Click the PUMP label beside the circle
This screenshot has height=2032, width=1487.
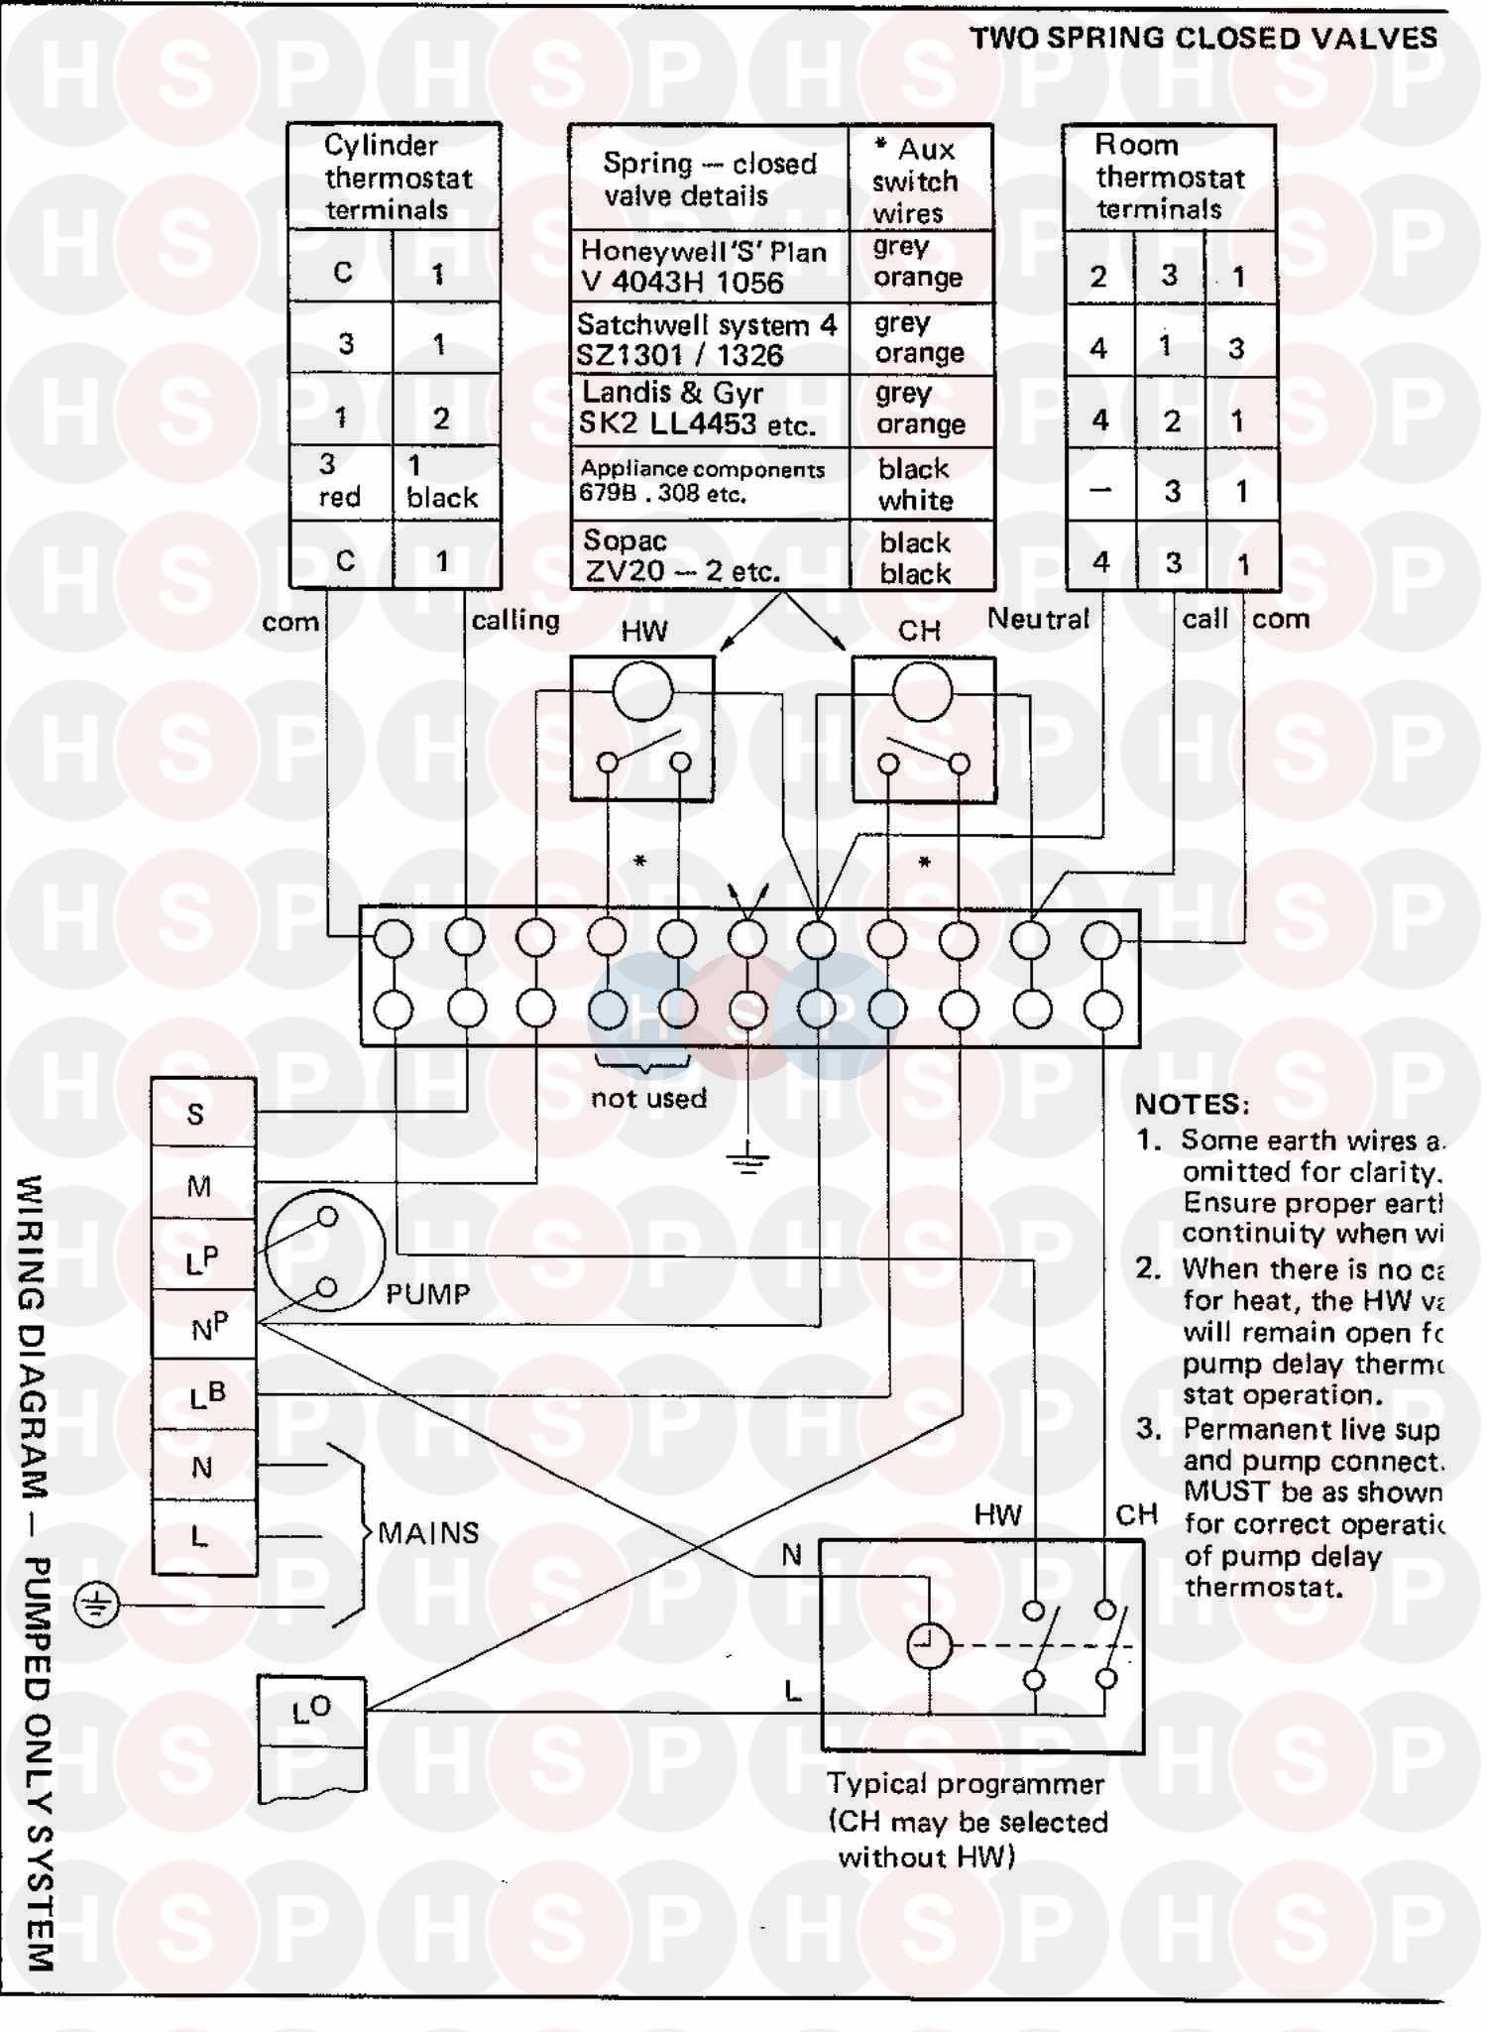(427, 1294)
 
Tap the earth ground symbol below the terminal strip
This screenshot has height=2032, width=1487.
(747, 1157)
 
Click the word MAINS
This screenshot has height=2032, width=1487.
(428, 1533)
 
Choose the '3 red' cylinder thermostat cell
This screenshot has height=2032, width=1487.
(339, 482)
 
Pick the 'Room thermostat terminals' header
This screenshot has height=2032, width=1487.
(1169, 178)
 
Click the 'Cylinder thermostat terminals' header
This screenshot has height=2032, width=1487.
(394, 178)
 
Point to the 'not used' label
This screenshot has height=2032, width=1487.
(648, 1099)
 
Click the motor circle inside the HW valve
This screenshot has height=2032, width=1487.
(642, 691)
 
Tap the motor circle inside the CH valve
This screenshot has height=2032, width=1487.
(922, 691)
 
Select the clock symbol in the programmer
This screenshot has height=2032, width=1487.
(929, 1647)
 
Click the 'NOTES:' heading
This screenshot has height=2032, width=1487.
(1193, 1105)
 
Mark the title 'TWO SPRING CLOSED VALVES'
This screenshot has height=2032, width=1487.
(1202, 39)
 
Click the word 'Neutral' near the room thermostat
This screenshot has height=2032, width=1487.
(1038, 619)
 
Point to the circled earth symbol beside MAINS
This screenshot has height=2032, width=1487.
(96, 1605)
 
